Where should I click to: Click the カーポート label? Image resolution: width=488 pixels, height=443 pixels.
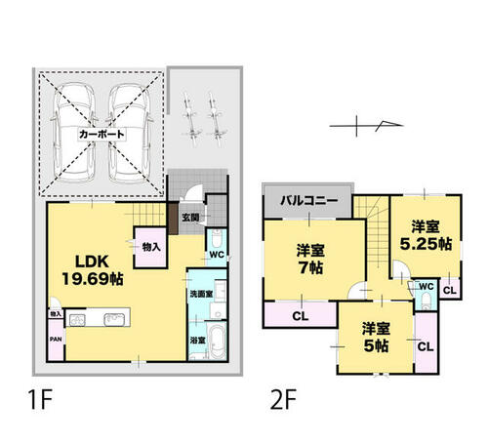click(102, 134)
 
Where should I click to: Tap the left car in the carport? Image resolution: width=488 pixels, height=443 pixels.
click(74, 133)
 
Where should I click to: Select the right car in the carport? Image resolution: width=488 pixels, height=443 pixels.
click(130, 133)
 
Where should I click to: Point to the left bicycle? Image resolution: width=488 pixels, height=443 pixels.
click(190, 119)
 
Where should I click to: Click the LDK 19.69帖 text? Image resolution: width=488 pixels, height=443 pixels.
click(93, 270)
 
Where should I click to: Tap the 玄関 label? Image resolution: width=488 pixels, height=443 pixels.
click(190, 218)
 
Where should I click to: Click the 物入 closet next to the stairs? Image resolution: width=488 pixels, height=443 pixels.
click(151, 247)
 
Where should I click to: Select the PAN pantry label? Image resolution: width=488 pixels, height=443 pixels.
click(56, 340)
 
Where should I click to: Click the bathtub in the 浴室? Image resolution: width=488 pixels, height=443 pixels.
click(217, 341)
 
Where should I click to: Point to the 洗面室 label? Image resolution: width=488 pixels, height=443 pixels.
click(201, 294)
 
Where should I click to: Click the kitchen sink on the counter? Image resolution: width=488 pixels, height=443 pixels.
click(114, 319)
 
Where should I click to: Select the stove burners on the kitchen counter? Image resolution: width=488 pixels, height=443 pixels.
click(77, 320)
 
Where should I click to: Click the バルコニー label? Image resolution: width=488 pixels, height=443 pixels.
click(309, 200)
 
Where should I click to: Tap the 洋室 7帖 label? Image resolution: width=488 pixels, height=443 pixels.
click(310, 260)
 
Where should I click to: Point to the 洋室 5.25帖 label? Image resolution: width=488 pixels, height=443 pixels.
click(426, 235)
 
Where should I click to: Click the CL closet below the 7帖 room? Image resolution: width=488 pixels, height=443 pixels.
click(300, 315)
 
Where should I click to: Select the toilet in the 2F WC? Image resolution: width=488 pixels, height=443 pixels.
click(426, 302)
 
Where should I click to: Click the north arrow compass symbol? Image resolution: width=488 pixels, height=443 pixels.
click(366, 126)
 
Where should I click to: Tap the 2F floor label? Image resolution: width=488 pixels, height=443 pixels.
click(283, 399)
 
